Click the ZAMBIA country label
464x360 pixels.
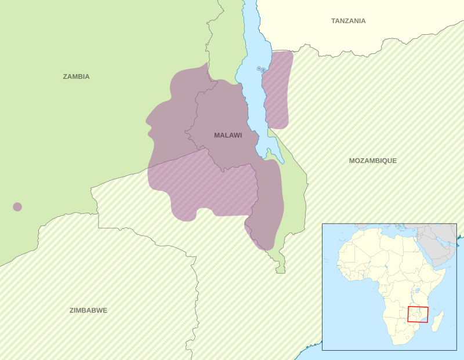[x=76, y=77]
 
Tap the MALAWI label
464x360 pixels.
[x=228, y=135]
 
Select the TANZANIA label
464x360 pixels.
[x=348, y=21]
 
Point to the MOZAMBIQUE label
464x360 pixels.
[x=372, y=161]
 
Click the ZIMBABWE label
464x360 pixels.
[x=88, y=310]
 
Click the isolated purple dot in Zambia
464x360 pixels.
[x=17, y=207]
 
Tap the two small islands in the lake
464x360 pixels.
[x=261, y=70]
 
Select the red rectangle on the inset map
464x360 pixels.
[x=418, y=314]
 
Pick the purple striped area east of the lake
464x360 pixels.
[x=277, y=90]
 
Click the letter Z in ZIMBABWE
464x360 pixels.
[x=72, y=310]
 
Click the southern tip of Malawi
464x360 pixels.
[x=281, y=271]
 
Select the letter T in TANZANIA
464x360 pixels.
[x=333, y=21]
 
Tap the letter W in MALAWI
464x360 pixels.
[x=235, y=135]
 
